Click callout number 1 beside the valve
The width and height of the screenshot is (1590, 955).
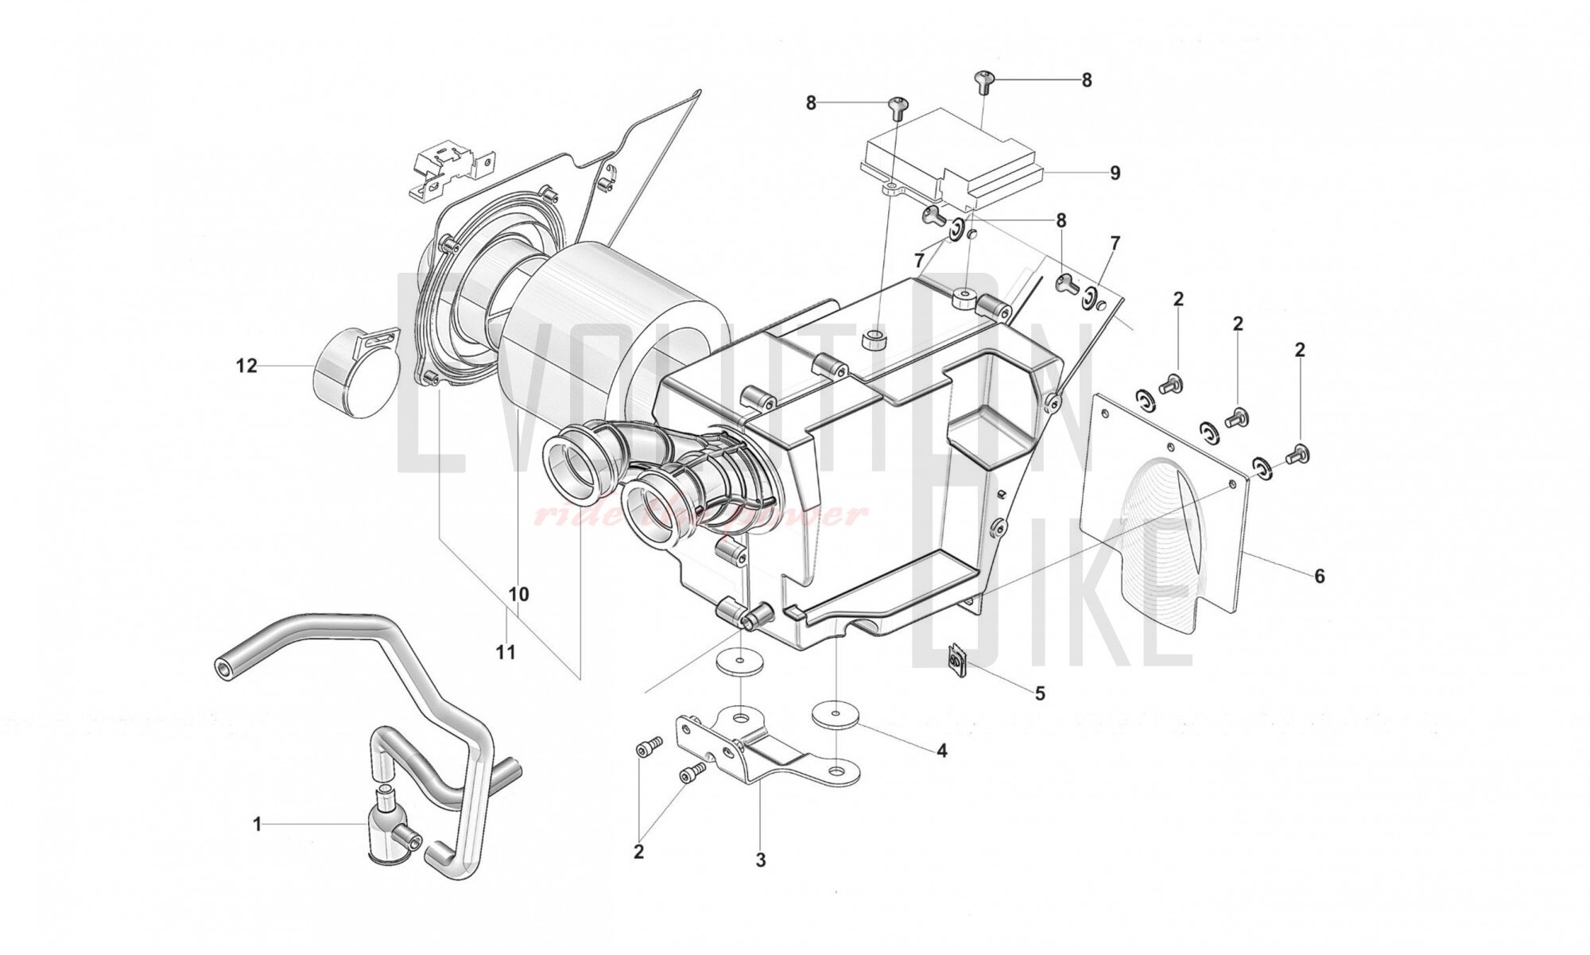[257, 825]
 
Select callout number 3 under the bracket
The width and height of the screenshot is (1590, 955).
[760, 860]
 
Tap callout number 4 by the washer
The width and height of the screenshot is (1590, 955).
[941, 751]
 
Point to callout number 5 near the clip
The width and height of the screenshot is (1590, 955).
[1039, 693]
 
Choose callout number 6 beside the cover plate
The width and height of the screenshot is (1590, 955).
[1319, 576]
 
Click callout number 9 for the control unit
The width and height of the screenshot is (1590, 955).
[1115, 173]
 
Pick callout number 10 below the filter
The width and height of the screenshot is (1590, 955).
[518, 594]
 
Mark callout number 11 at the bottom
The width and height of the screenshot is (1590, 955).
[506, 653]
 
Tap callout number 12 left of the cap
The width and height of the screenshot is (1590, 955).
[246, 366]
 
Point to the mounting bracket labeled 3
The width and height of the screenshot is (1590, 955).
[763, 747]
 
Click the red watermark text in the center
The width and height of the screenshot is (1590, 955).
[700, 516]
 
